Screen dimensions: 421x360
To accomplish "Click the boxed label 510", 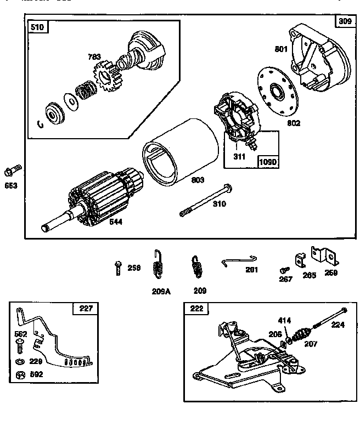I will (x=38, y=27).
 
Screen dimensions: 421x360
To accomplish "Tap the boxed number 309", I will (x=345, y=22).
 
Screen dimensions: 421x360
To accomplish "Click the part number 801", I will (x=281, y=49).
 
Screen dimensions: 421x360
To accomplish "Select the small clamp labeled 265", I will (x=300, y=260).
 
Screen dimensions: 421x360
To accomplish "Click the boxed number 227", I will (x=86, y=309).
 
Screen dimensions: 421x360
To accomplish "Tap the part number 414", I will (x=285, y=321).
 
